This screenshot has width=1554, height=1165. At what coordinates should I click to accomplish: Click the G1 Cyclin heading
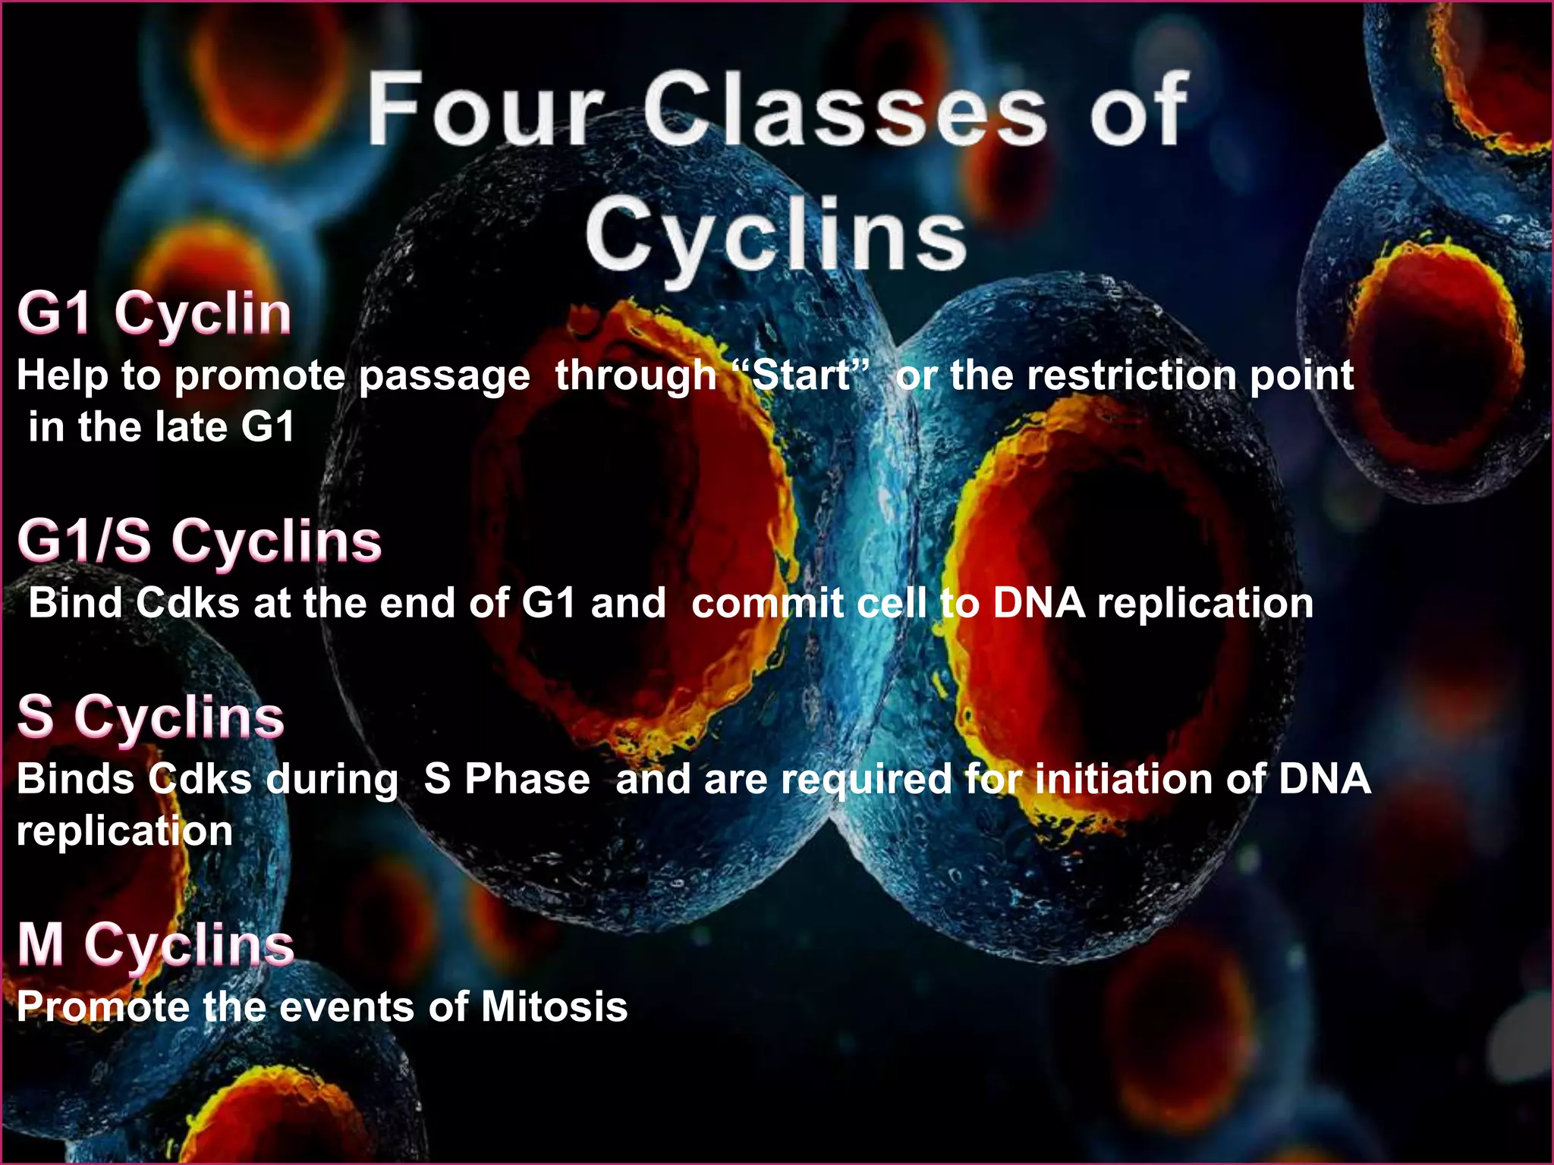(154, 313)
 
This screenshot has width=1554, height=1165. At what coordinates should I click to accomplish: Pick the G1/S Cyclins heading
(199, 541)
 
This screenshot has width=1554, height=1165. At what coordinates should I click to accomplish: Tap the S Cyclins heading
(150, 717)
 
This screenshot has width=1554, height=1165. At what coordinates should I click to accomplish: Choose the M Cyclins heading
(156, 944)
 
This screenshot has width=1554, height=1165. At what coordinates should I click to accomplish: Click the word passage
(444, 377)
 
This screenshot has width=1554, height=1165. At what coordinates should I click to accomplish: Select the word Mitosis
(554, 1007)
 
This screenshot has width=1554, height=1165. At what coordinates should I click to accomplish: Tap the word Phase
(527, 780)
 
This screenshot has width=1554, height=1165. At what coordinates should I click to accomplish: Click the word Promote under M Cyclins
(102, 1007)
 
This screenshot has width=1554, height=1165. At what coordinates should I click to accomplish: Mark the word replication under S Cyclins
(124, 832)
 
